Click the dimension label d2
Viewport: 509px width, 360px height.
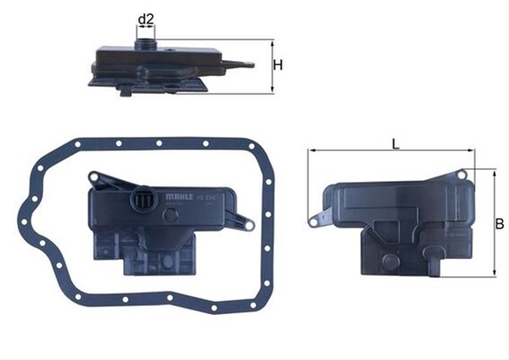(x=145, y=18)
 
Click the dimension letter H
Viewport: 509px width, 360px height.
(x=280, y=65)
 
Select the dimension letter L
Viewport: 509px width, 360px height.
(x=395, y=141)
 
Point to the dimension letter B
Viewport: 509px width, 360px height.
(x=499, y=223)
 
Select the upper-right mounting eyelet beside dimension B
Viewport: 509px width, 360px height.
(x=462, y=173)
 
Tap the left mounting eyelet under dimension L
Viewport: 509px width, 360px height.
(x=314, y=219)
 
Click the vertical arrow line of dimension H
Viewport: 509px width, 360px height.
(x=272, y=66)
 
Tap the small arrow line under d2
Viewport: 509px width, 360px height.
(x=145, y=28)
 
